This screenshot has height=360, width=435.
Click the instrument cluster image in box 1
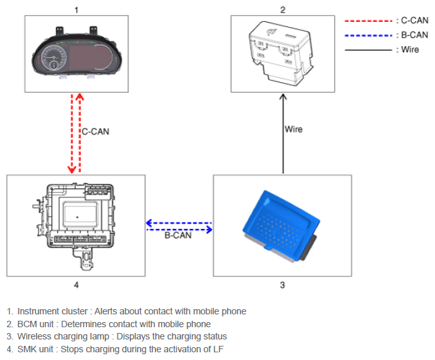click(x=77, y=52)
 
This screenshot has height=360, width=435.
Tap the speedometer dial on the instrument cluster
click(x=54, y=58)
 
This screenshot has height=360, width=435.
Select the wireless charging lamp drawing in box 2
click(x=281, y=53)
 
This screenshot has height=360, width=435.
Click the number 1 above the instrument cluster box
click(x=76, y=10)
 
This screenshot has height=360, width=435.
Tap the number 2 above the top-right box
click(x=283, y=10)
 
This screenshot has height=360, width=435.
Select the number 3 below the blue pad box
click(x=282, y=285)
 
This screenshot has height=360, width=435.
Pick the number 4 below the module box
click(x=76, y=285)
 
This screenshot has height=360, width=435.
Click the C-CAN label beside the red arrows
click(x=96, y=131)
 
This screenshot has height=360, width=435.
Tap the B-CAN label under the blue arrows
click(x=178, y=235)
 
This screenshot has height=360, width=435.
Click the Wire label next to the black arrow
click(x=294, y=129)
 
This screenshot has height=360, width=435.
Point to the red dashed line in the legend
click(x=369, y=21)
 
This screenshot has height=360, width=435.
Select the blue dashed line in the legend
click(x=369, y=35)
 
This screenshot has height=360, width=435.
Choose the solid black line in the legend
click(x=369, y=50)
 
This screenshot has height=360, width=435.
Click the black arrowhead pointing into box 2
click(x=283, y=96)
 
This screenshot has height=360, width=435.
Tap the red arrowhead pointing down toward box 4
click(x=72, y=170)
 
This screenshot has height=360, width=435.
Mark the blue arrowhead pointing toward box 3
click(x=209, y=230)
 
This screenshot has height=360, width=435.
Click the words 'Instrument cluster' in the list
click(x=53, y=311)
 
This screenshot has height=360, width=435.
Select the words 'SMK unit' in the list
click(x=35, y=349)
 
